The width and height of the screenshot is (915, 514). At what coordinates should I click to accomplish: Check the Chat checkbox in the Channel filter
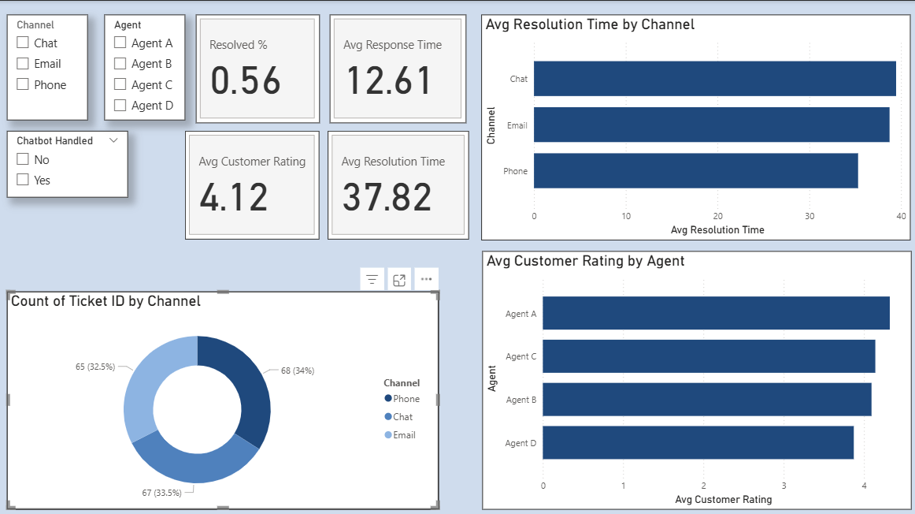point(23,43)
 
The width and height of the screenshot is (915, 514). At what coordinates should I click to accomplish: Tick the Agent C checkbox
point(120,85)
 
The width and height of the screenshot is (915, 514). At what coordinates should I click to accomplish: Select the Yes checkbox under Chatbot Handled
point(23,181)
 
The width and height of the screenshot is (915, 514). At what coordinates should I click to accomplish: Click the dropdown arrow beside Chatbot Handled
point(113,140)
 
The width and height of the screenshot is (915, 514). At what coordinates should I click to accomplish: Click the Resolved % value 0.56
point(246,80)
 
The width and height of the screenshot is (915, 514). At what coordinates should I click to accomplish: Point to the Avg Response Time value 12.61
point(389,80)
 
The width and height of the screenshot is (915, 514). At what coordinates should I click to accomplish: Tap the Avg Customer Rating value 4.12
point(234,197)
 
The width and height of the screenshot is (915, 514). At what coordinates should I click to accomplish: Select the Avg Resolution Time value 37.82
point(387,197)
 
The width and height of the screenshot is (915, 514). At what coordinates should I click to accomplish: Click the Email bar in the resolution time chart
point(711,125)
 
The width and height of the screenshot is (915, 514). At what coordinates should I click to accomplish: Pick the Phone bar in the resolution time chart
point(695,171)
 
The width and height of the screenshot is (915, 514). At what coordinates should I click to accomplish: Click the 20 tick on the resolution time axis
point(718,215)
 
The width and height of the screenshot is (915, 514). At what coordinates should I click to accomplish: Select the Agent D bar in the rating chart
point(698,442)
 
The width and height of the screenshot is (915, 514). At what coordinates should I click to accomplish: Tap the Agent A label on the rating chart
point(520,314)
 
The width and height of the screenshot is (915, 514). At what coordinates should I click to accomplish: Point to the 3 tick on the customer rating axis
point(783,485)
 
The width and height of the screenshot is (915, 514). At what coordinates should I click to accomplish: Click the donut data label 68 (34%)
point(297,371)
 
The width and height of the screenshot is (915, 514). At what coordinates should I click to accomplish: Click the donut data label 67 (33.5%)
point(161,493)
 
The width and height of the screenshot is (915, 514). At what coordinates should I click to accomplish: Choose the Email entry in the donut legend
point(404,435)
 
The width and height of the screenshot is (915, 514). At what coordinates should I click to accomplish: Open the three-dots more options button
point(426,279)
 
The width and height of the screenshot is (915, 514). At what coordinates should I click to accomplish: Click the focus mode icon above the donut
point(399,279)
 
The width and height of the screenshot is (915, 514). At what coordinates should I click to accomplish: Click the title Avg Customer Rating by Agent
point(585,261)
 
